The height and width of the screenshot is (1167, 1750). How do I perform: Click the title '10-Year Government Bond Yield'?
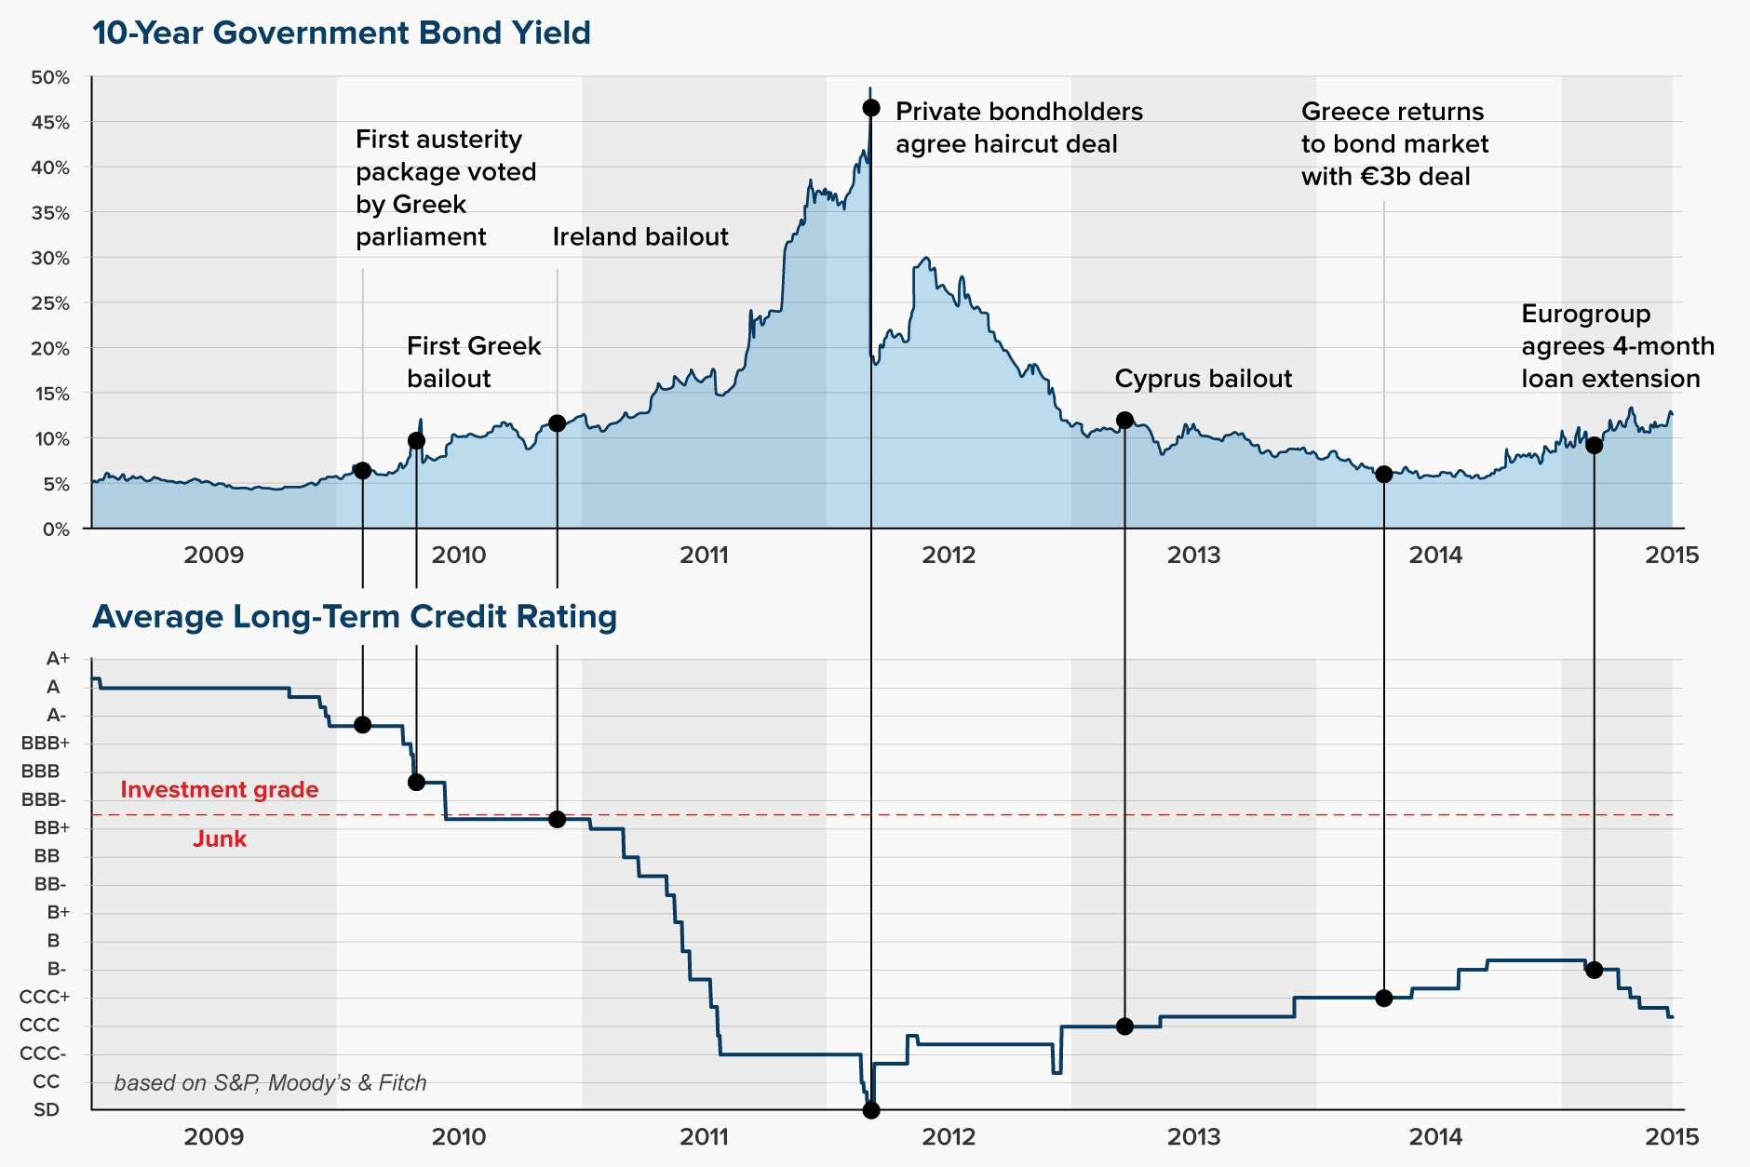(x=341, y=33)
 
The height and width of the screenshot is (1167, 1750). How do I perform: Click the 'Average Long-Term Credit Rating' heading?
(x=354, y=616)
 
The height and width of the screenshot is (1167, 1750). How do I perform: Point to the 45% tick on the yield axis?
(x=50, y=122)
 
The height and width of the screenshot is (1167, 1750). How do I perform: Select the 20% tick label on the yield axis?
(x=50, y=348)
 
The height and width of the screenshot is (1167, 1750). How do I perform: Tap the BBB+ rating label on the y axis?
(x=46, y=743)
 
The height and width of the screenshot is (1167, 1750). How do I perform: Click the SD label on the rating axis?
(x=47, y=1109)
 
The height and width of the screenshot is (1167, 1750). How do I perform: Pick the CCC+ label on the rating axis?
(x=44, y=997)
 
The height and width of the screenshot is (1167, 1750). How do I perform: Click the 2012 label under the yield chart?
(x=949, y=555)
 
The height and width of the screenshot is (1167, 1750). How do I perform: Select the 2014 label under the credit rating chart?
(x=1435, y=1136)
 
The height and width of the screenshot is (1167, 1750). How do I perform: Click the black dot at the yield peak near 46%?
(x=871, y=108)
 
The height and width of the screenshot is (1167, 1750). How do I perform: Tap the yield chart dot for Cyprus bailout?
(x=1124, y=421)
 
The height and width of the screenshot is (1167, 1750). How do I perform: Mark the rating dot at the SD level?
(x=871, y=1110)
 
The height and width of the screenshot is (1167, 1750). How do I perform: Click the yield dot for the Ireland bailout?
(x=557, y=423)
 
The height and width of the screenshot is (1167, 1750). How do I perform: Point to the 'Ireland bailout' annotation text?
(x=640, y=236)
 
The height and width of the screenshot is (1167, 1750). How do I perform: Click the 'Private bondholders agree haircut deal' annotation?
(x=1018, y=127)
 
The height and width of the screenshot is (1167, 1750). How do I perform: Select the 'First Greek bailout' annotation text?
(x=473, y=362)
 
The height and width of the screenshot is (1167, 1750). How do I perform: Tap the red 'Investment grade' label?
(x=219, y=789)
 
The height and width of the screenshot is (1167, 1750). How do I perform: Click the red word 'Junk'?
(x=220, y=838)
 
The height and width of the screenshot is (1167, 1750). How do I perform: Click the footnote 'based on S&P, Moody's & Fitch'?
(x=270, y=1082)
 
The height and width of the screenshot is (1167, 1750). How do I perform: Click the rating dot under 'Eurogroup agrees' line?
(x=1594, y=970)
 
